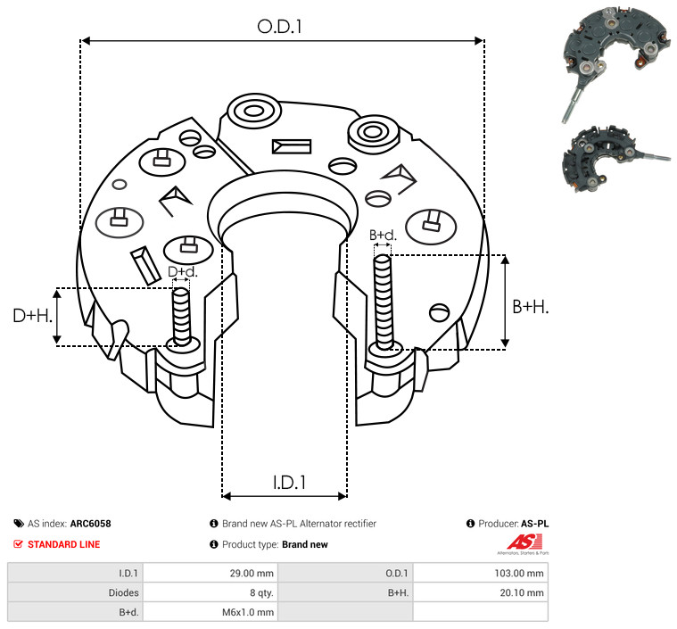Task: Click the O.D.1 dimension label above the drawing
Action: (x=279, y=27)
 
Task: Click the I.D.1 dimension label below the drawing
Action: (x=289, y=482)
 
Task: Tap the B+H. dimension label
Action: (x=530, y=307)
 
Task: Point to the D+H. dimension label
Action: (x=32, y=316)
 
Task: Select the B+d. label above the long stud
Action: (x=383, y=235)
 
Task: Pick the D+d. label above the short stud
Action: (x=182, y=272)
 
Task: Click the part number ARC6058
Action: (x=91, y=524)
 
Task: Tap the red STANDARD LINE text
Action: (x=64, y=544)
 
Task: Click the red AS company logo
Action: (x=524, y=542)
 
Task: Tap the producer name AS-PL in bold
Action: (x=535, y=524)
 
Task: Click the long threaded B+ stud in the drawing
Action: (x=383, y=302)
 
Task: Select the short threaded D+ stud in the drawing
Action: (x=181, y=317)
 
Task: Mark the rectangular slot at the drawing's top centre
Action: (x=292, y=146)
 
